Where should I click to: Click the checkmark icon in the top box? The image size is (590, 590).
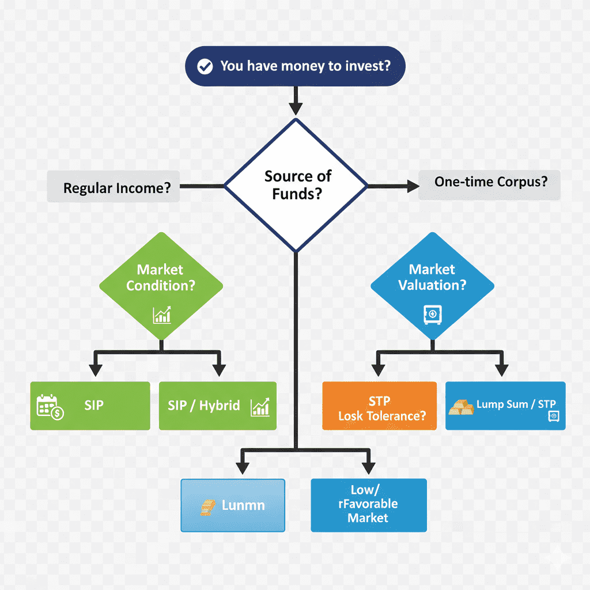click(x=204, y=66)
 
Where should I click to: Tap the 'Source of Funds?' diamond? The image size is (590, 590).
click(x=295, y=184)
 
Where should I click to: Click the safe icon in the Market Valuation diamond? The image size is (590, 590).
click(x=432, y=314)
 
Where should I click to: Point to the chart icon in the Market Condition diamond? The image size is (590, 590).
click(x=161, y=315)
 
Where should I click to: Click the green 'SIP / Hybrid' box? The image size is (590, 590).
click(x=217, y=406)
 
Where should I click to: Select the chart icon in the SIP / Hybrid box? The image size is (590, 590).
click(x=260, y=407)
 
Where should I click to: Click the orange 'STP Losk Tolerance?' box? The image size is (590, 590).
click(x=380, y=406)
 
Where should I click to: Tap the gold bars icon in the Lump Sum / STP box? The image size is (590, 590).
click(x=462, y=407)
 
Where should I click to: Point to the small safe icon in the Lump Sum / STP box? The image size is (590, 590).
click(x=554, y=416)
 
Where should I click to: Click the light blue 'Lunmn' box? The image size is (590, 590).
click(x=233, y=505)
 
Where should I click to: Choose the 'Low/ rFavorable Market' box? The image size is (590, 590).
click(x=369, y=505)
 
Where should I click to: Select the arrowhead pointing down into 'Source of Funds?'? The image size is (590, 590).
click(x=295, y=107)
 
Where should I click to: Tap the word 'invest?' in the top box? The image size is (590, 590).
click(x=367, y=66)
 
